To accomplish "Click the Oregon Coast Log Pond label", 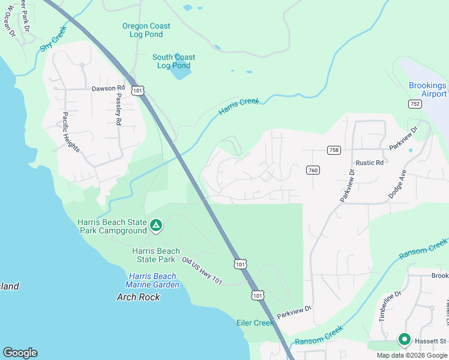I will pos(146,30).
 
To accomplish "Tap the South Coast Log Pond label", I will pos(173,61).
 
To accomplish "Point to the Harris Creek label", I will pos(239,106).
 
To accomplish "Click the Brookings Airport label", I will pos(427,90).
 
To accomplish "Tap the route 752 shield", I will pos(414,104).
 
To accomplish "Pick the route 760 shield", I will pos(312,170).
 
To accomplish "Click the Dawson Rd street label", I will pos(107,88).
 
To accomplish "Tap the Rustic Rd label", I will pos(369,163).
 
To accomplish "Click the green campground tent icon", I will pos(155,226).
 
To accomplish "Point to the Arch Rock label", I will pos(137,297).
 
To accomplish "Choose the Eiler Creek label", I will pos(255,323).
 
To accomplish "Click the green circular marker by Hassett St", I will pos(404,340).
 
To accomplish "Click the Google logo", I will pos(20,353).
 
